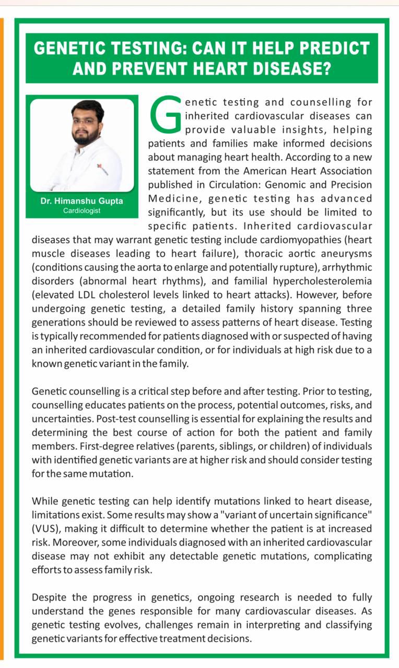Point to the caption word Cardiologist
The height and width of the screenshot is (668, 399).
pos(82,211)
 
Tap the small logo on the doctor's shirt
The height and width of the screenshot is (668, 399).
pos(100,167)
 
